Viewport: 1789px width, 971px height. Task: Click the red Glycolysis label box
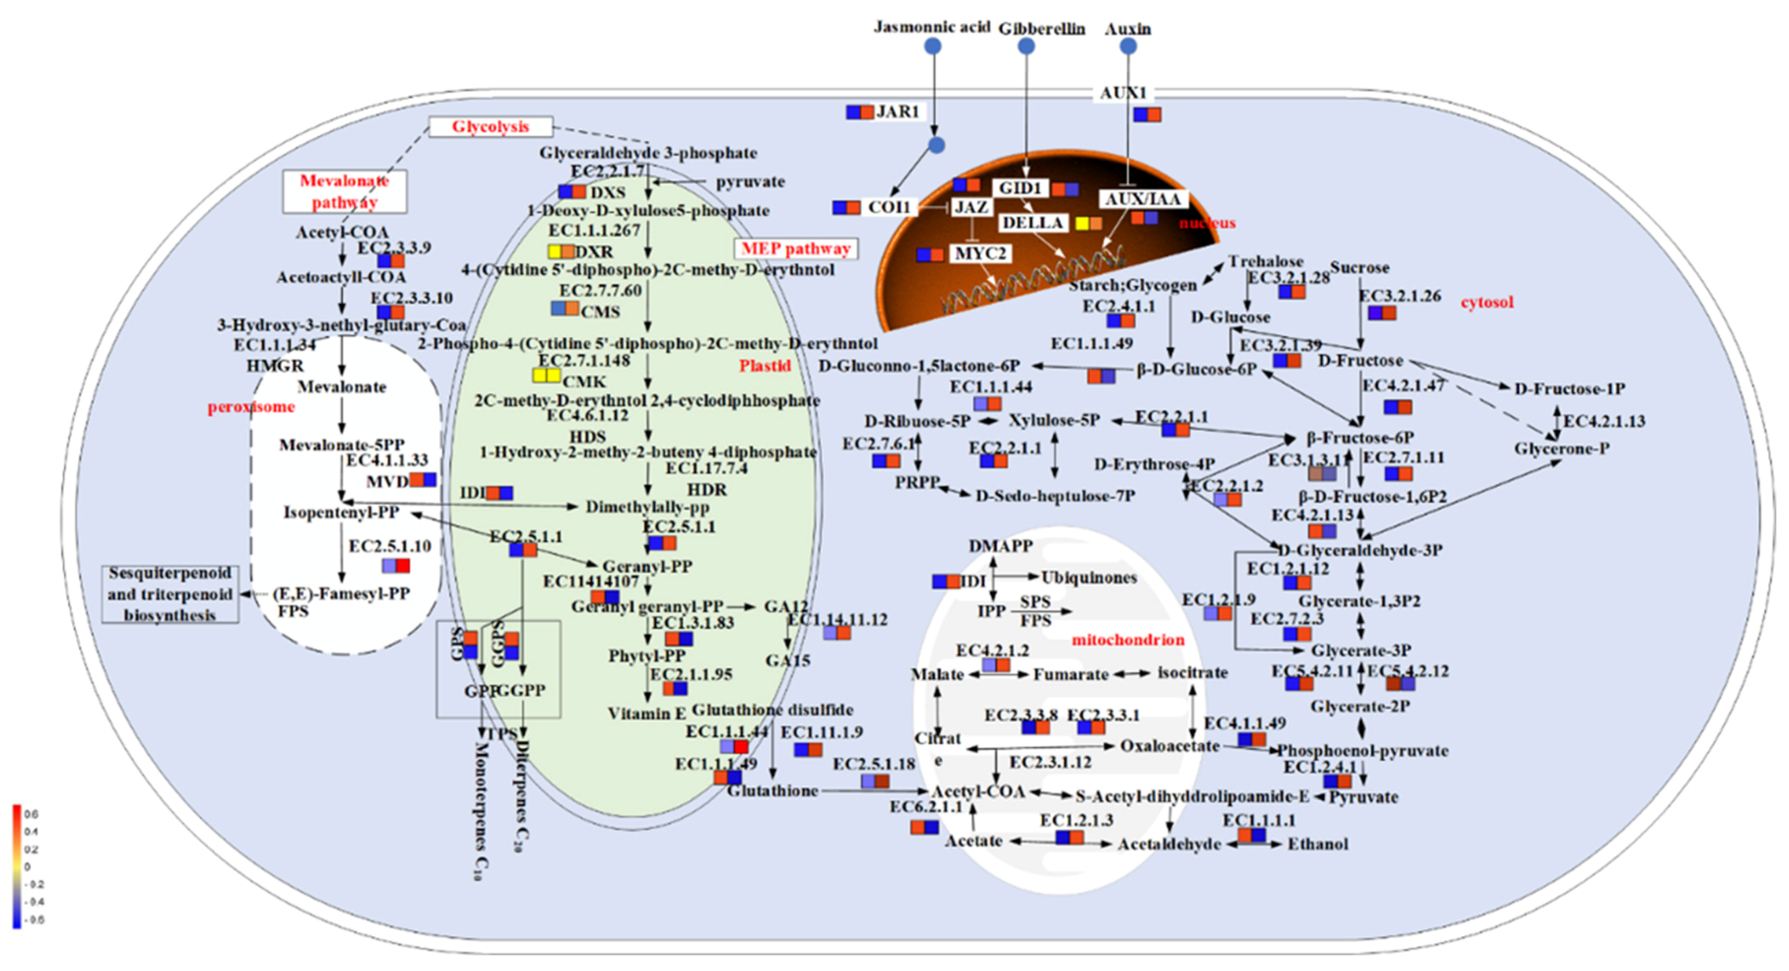pos(490,126)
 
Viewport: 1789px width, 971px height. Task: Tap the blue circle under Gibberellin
pos(1026,46)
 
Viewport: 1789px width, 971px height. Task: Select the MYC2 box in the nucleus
pos(980,254)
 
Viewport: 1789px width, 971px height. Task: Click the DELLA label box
pos(1032,223)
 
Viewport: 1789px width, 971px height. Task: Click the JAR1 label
pos(897,111)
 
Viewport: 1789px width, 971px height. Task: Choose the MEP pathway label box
pos(796,249)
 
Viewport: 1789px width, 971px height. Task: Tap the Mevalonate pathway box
pos(344,192)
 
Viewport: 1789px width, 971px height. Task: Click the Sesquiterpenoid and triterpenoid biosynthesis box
pos(170,594)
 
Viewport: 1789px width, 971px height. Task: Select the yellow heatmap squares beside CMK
pos(546,375)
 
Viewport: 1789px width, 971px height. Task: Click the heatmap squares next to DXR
pos(561,252)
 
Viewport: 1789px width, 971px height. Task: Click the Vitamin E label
pos(647,713)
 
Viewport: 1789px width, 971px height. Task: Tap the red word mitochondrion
pos(1128,640)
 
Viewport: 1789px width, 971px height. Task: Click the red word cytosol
pos(1487,303)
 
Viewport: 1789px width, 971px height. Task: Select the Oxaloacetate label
pos(1169,746)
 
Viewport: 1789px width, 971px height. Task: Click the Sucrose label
pos(1359,268)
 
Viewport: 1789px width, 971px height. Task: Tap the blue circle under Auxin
pos(1129,46)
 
